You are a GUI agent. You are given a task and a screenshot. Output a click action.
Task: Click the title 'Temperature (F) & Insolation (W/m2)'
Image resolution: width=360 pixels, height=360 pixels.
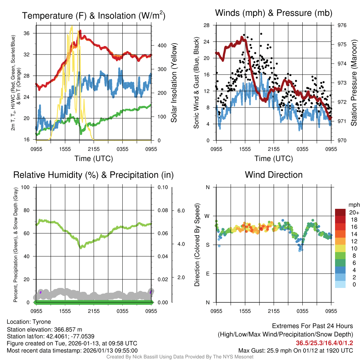(94, 15)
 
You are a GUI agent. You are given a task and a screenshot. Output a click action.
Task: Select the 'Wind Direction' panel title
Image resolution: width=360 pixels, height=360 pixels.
(274, 175)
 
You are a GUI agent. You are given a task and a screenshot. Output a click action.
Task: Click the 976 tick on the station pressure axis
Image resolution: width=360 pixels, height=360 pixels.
(342, 25)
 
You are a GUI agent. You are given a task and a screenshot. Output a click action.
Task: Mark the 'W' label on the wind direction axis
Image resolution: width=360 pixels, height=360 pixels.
(207, 216)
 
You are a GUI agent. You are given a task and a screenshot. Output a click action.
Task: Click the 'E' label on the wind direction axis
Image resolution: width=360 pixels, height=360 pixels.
(208, 274)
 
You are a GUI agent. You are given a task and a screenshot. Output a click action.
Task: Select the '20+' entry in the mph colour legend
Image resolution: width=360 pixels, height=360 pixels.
(353, 212)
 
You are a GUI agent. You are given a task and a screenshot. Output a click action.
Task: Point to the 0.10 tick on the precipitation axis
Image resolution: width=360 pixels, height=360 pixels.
(162, 187)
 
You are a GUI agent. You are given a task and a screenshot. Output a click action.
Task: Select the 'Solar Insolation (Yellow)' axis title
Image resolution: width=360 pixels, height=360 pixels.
(174, 83)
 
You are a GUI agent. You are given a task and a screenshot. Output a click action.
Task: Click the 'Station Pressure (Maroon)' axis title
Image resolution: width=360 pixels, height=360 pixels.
(354, 83)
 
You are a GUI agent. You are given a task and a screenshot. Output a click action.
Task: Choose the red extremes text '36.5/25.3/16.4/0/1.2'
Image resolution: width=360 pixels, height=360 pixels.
(324, 343)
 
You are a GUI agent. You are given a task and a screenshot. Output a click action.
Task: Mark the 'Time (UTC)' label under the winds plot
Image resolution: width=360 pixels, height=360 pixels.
(274, 159)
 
